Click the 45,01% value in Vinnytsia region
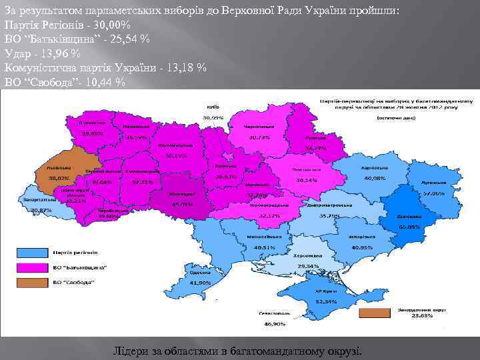coord(181,205)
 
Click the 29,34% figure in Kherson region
coord(309,265)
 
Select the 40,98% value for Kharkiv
coord(375,179)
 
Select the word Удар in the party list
coord(17,53)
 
